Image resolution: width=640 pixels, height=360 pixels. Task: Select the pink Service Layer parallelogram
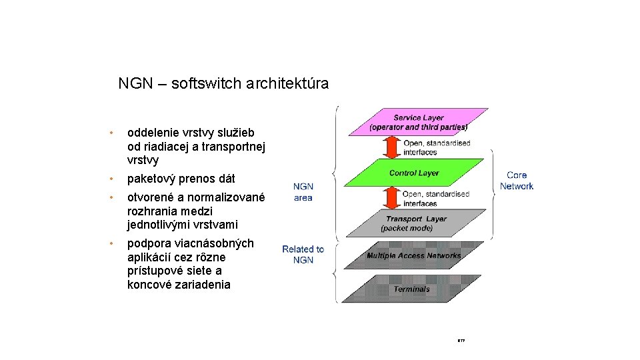click(x=419, y=122)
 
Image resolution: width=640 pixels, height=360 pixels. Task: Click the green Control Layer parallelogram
click(x=415, y=173)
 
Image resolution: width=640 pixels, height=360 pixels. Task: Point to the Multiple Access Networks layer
click(x=413, y=255)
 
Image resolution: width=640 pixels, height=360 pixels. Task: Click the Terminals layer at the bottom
click(x=412, y=289)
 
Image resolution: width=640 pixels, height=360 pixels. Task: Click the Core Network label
click(x=517, y=181)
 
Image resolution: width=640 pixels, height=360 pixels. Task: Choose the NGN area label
click(x=303, y=192)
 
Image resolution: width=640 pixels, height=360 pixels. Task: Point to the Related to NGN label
click(x=303, y=254)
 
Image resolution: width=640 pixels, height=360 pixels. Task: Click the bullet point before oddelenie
click(x=114, y=133)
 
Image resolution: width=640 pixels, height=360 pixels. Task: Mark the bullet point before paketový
click(x=114, y=179)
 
